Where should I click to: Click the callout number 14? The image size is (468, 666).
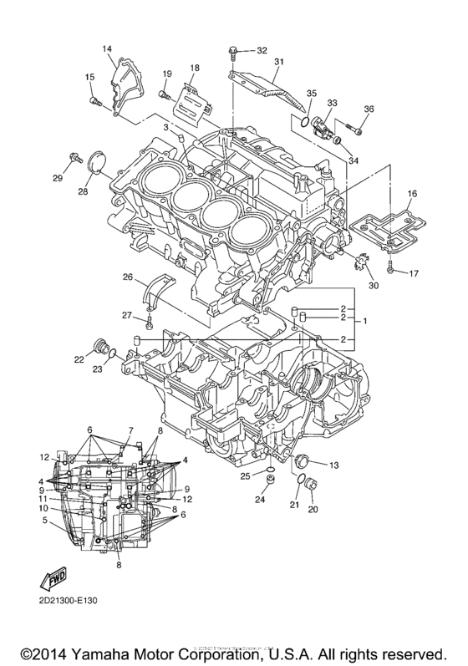107,49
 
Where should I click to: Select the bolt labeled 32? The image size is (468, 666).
234,53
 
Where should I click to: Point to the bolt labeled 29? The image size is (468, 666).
76,155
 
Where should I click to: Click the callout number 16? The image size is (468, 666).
411,193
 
